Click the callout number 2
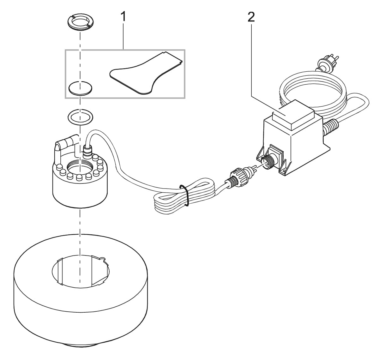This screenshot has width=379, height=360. (x=251, y=17)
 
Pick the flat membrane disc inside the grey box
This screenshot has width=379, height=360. (x=81, y=88)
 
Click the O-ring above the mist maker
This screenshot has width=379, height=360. (x=81, y=117)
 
